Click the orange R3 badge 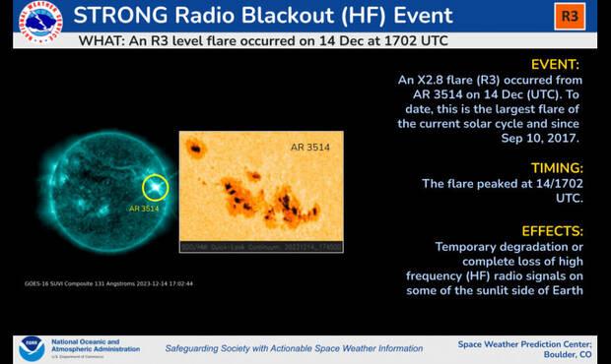click(x=569, y=17)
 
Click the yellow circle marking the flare click(x=155, y=187)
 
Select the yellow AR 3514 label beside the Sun click(x=144, y=209)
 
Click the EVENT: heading click(x=556, y=64)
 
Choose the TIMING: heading click(x=553, y=167)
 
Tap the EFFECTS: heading click(x=549, y=229)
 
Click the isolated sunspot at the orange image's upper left click(x=195, y=150)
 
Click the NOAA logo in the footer click(x=31, y=347)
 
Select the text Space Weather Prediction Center click(x=525, y=342)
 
